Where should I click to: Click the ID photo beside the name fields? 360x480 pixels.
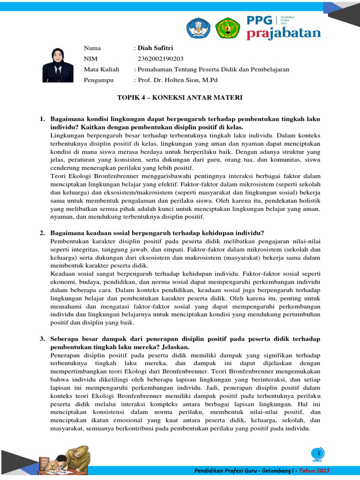tap(58, 65)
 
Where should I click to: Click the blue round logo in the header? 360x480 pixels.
tap(199, 28)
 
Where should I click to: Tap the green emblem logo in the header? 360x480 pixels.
tap(227, 28)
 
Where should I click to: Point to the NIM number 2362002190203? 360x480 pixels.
tap(161, 59)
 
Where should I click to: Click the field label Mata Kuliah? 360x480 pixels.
tap(101, 69)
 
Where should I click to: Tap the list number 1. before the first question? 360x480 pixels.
tap(42, 120)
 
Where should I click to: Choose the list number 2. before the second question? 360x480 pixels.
tap(42, 233)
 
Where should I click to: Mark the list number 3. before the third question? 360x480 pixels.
tap(42, 339)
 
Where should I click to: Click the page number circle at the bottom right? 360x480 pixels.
tap(319, 453)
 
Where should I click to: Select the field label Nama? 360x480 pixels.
tap(92, 48)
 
